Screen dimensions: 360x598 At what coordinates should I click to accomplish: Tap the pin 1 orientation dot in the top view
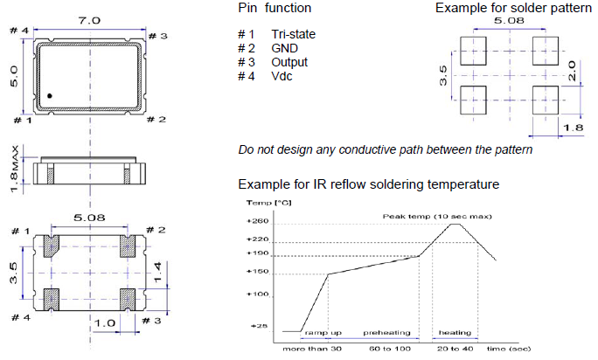(x=50, y=94)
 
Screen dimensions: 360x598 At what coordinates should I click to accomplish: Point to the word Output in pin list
(x=289, y=62)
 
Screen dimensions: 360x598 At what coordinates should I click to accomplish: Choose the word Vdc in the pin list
(x=283, y=76)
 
